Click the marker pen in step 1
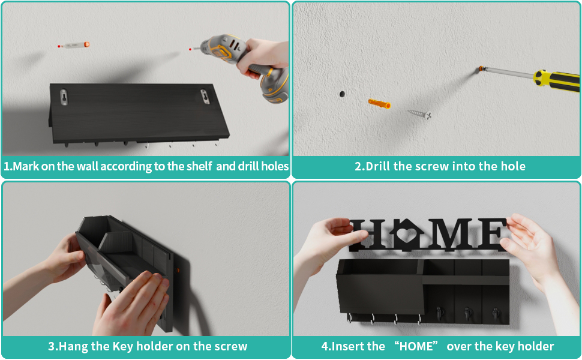click(74, 45)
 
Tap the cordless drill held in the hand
click(245, 65)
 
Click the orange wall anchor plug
click(379, 103)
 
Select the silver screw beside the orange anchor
click(419, 114)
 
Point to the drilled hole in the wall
click(342, 94)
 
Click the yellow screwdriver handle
click(557, 80)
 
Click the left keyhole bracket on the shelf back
click(64, 97)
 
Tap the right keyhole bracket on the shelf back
click(205, 96)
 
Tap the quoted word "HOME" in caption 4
click(416, 346)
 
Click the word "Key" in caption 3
click(123, 347)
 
